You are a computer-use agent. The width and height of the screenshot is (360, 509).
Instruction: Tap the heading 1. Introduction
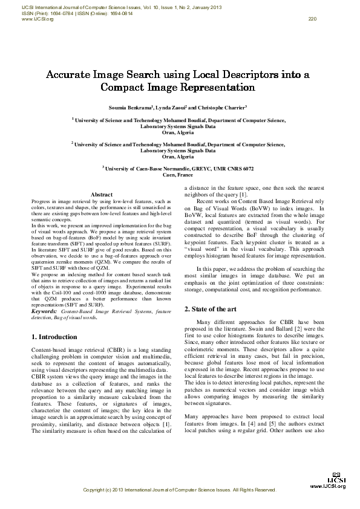(x=53, y=337)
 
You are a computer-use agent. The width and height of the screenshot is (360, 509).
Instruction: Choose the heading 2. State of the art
(x=210, y=309)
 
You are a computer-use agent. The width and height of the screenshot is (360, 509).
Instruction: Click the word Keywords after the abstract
(x=45, y=311)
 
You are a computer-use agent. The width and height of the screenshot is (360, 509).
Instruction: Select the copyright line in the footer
(x=179, y=489)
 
